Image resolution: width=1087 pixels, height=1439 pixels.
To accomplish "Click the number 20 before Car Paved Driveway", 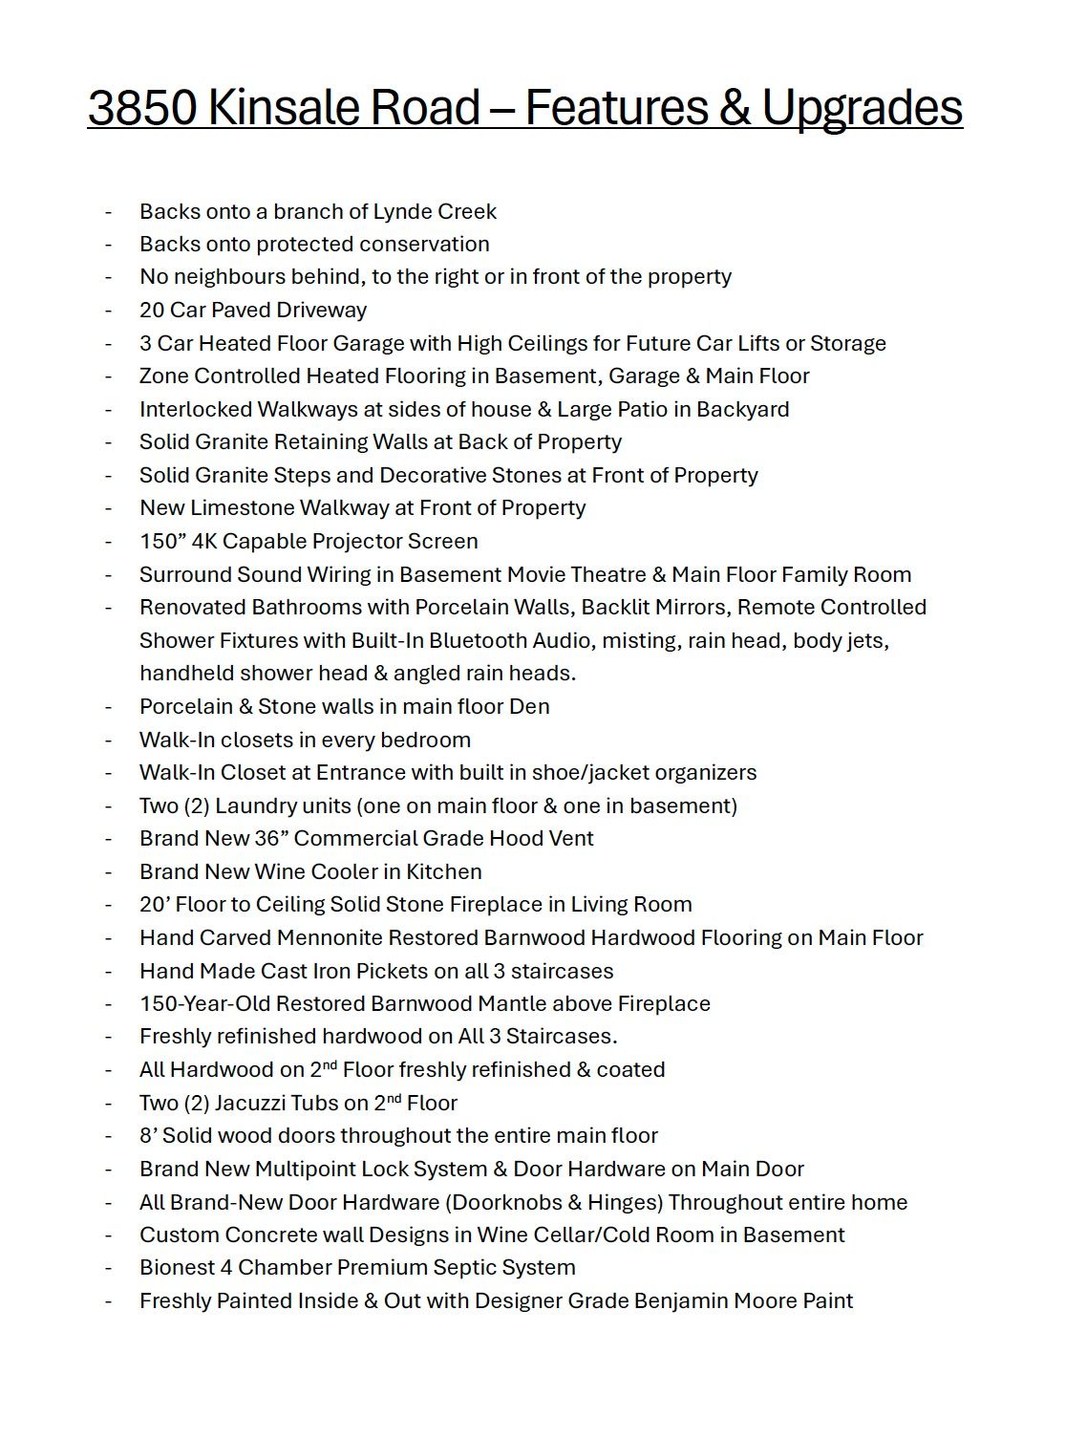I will [x=152, y=310].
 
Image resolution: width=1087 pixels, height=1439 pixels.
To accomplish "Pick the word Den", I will [x=531, y=706].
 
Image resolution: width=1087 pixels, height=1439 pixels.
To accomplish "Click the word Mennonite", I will [x=338, y=937].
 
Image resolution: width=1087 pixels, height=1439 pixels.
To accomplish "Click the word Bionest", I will [x=178, y=1268].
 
